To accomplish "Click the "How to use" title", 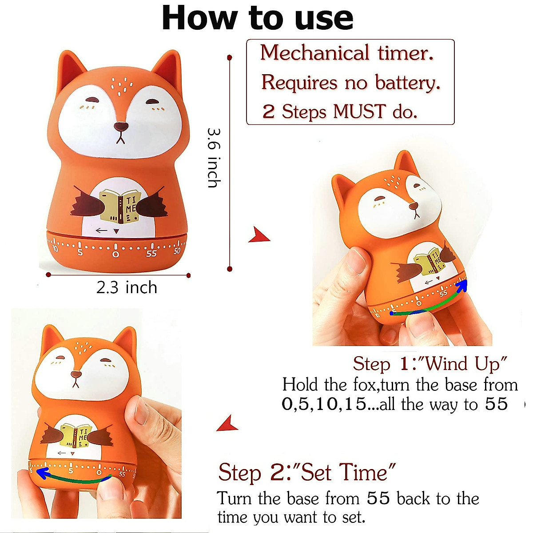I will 258,19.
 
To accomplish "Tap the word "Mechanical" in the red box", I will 315,53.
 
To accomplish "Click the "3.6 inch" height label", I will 214,158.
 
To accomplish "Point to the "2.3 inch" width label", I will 127,287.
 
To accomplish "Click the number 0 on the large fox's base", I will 115,254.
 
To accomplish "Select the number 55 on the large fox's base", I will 151,254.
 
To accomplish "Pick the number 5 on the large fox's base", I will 80,253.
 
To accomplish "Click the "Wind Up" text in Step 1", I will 465,364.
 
